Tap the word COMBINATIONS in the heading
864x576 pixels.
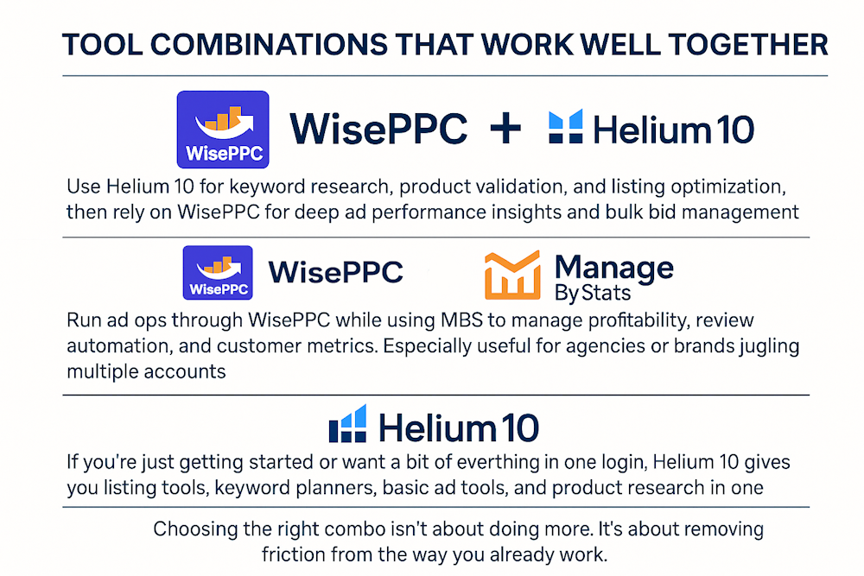tap(269, 45)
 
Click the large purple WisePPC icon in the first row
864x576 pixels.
tap(223, 130)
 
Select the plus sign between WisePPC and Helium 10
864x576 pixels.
tap(505, 129)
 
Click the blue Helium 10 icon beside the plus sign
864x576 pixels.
tap(565, 127)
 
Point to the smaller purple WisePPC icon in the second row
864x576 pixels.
tap(218, 273)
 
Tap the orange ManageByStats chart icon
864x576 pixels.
tap(512, 275)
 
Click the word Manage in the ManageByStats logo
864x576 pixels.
tap(613, 269)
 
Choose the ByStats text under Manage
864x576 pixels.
tap(593, 293)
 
